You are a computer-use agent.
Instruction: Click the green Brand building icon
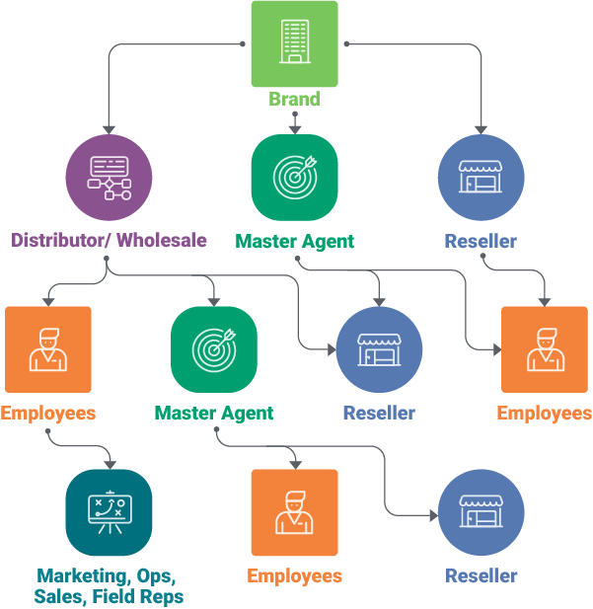point(294,43)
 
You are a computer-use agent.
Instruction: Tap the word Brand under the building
point(294,99)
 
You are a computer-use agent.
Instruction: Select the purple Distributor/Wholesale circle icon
point(109,178)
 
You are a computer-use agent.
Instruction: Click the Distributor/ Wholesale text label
point(109,240)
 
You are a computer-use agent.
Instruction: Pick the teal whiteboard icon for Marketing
point(109,512)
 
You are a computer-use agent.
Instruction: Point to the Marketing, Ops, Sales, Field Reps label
point(109,586)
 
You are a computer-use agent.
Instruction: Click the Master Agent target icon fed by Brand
point(294,178)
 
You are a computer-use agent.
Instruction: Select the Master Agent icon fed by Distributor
point(214,349)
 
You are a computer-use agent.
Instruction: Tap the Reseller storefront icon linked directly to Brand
point(481,178)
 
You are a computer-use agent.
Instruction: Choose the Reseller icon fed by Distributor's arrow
point(379,349)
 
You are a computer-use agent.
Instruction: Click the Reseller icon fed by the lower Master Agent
point(481,512)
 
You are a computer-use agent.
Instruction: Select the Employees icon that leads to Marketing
point(47,349)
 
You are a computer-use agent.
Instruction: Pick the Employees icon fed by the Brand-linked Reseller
point(544,349)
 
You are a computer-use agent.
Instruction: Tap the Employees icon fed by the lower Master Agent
point(294,512)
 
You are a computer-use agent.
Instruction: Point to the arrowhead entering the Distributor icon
point(109,128)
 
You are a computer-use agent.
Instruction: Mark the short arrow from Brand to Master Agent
point(294,121)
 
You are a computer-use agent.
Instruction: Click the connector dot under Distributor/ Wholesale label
point(107,259)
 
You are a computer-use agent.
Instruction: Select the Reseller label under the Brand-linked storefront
point(481,241)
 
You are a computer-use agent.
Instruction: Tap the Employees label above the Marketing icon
point(47,413)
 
